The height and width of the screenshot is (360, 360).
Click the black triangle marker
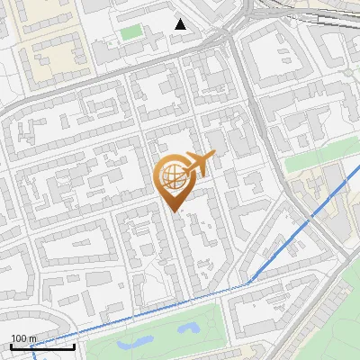click(x=181, y=24)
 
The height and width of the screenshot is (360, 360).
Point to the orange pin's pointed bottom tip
click(x=175, y=210)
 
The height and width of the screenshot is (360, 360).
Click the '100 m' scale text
click(x=23, y=338)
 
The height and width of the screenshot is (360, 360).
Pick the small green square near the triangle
click(x=131, y=32)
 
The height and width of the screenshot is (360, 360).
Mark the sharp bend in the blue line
click(x=248, y=285)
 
